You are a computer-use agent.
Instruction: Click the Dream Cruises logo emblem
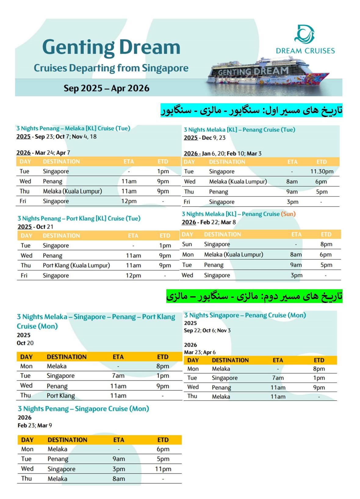coord(304,34)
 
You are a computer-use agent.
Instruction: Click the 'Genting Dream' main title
coord(111,47)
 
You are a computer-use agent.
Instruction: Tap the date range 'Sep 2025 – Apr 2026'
coord(106,88)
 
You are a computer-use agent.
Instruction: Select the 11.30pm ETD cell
coord(322,171)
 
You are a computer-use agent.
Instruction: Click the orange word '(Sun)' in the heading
coord(288,214)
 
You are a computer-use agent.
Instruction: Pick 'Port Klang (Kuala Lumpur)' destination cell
coord(76,265)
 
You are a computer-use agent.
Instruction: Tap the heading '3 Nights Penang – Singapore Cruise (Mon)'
coord(83,408)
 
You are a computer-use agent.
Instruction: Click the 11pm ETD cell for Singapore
coord(163,469)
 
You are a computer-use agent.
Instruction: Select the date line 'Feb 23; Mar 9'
coord(35,425)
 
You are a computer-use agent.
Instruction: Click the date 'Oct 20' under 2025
coord(25,343)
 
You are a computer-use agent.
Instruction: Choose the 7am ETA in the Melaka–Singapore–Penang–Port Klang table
coord(118,376)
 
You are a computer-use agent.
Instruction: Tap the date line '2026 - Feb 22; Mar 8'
coord(209,222)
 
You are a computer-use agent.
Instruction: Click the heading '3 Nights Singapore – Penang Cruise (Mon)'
coord(245,315)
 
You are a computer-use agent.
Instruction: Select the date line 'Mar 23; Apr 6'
coord(200,352)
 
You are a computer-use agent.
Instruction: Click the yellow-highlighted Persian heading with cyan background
coord(251,110)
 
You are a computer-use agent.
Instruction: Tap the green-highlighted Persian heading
coord(254,296)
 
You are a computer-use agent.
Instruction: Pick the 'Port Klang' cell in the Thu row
coord(61,396)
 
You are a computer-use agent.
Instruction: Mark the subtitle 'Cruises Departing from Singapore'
coord(111,68)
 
